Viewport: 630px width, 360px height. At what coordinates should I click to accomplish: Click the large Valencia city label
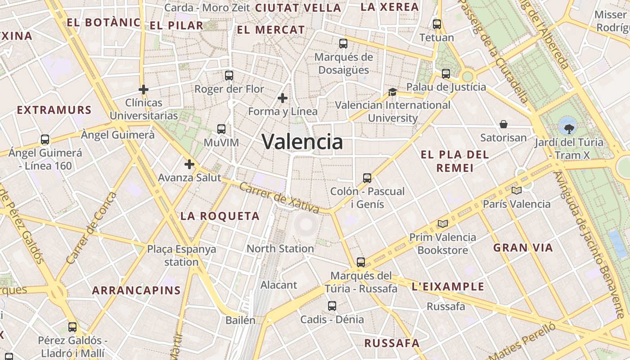302,142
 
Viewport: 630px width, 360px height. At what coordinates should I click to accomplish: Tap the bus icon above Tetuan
436,24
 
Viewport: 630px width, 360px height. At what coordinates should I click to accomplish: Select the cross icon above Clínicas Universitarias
144,90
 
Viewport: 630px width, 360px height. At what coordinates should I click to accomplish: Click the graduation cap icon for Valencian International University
392,92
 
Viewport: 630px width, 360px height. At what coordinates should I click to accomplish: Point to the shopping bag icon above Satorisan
504,124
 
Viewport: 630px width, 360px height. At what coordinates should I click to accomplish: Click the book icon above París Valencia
516,191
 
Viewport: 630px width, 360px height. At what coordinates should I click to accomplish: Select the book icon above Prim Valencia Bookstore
443,224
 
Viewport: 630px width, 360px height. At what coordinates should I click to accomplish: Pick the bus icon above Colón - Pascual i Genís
367,178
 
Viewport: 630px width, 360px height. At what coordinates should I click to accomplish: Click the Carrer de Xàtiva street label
279,198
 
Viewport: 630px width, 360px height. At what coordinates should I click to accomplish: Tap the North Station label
280,248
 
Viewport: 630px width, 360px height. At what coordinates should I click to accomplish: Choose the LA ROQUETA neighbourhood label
220,216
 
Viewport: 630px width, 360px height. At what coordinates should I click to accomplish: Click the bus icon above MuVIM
221,129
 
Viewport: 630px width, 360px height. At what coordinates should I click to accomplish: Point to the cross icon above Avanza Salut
189,164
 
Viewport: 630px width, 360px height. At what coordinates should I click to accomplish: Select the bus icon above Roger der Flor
229,76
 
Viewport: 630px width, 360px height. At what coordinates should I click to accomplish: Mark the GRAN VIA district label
523,247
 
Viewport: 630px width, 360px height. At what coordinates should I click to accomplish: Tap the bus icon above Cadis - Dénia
332,306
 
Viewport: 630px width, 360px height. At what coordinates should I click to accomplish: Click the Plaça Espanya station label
181,255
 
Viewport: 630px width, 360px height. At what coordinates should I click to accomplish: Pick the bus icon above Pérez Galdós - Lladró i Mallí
72,327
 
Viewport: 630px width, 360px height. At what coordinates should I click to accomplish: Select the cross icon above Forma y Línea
283,98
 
